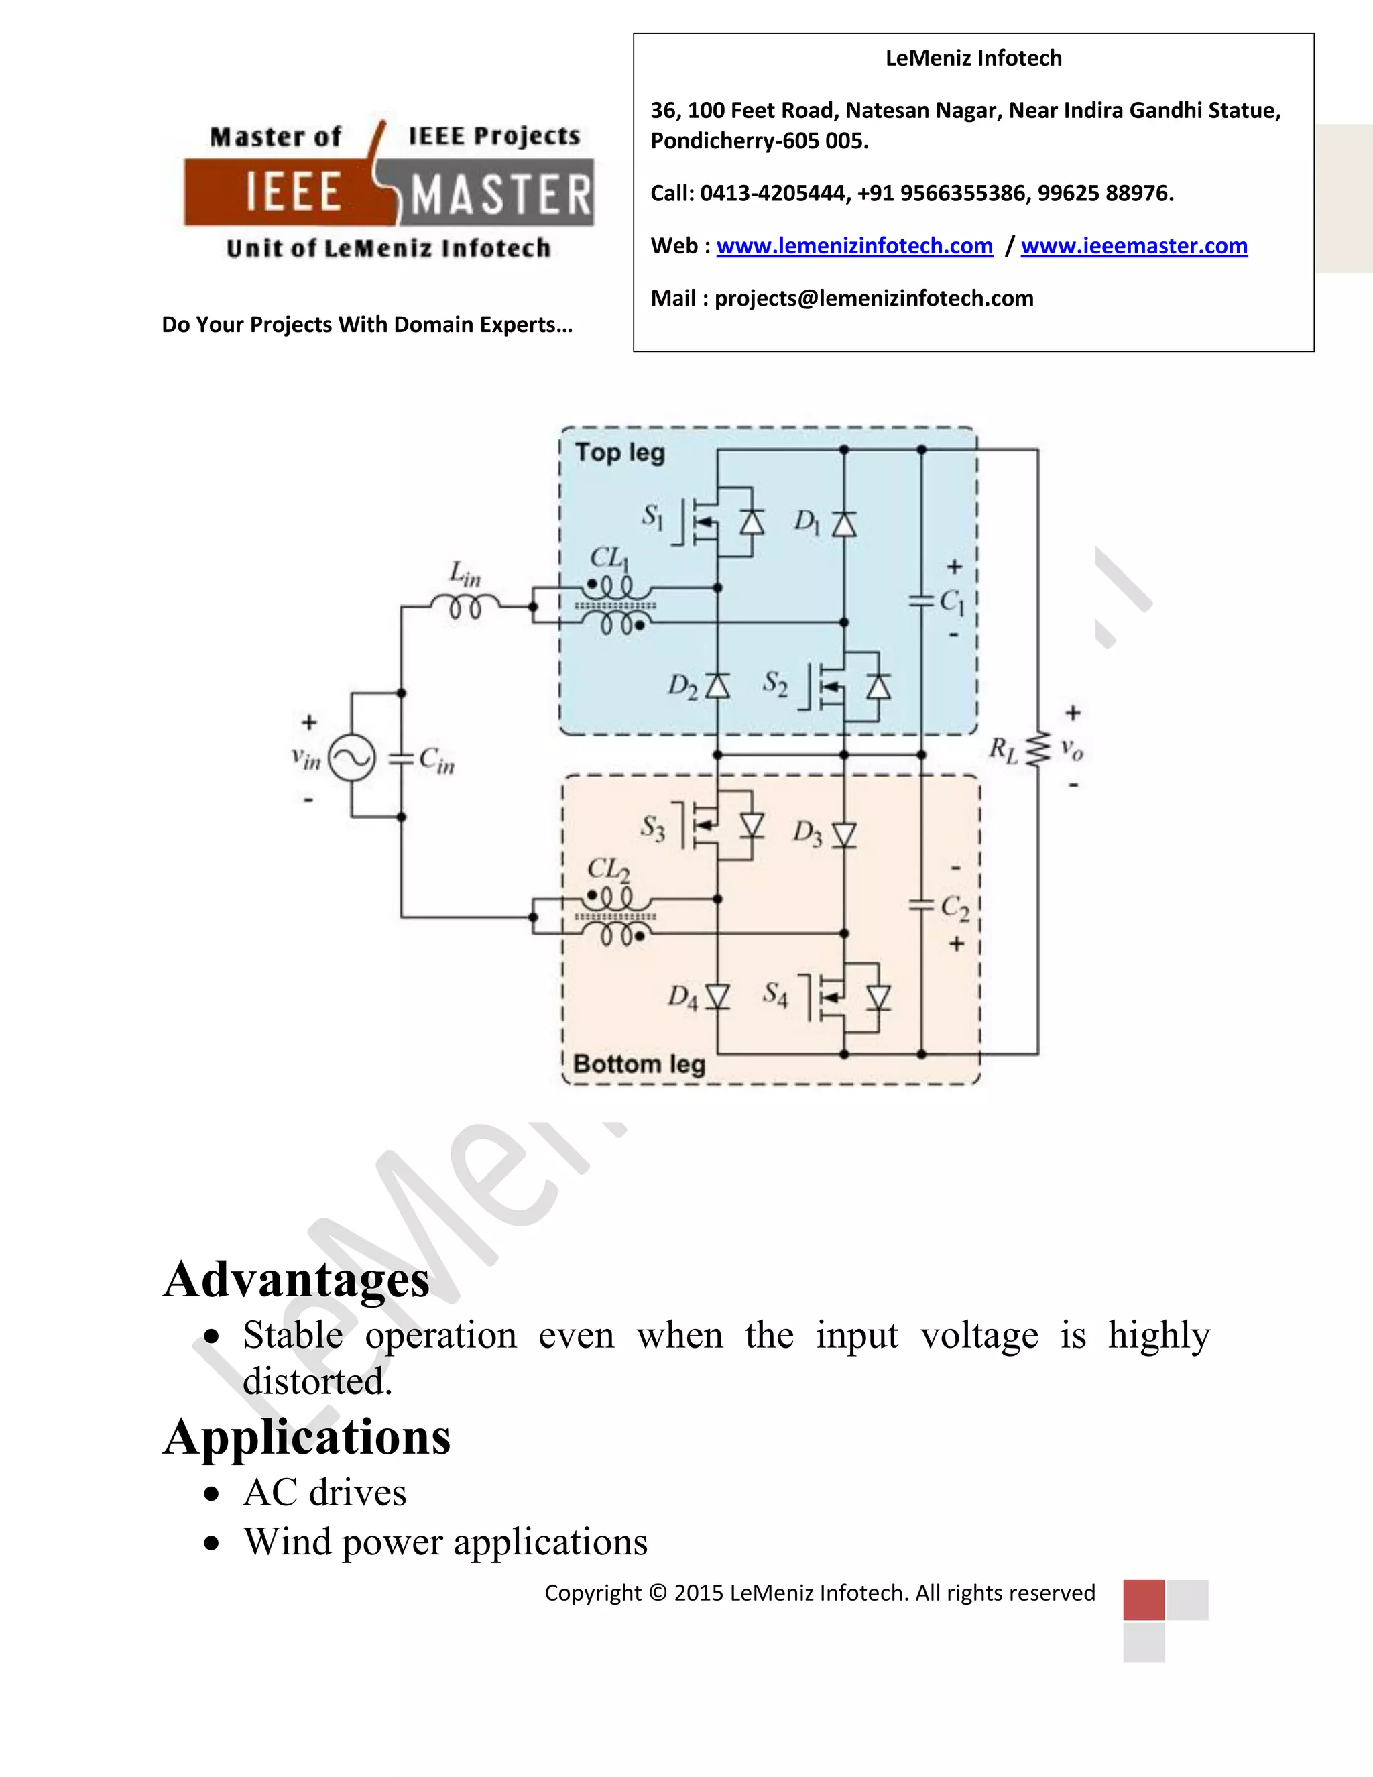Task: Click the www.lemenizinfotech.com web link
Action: pyautogui.click(x=854, y=245)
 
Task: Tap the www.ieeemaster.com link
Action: pyautogui.click(x=1134, y=245)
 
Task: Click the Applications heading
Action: pyautogui.click(x=306, y=1436)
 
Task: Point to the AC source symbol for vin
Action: pyautogui.click(x=352, y=758)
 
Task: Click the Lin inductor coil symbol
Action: pyautogui.click(x=465, y=606)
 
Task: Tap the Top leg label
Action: pyautogui.click(x=620, y=453)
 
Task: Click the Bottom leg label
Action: pyautogui.click(x=640, y=1064)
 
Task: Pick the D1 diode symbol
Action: pyautogui.click(x=843, y=523)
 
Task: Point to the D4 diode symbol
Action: pyautogui.click(x=717, y=996)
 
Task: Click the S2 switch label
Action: pyautogui.click(x=775, y=684)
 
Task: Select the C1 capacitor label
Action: pyautogui.click(x=953, y=602)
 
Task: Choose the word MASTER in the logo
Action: pyautogui.click(x=500, y=195)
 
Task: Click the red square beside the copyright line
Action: pyautogui.click(x=1144, y=1599)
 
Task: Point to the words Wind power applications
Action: pyautogui.click(x=446, y=1541)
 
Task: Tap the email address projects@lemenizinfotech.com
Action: pyautogui.click(x=874, y=298)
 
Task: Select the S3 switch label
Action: pyautogui.click(x=652, y=828)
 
